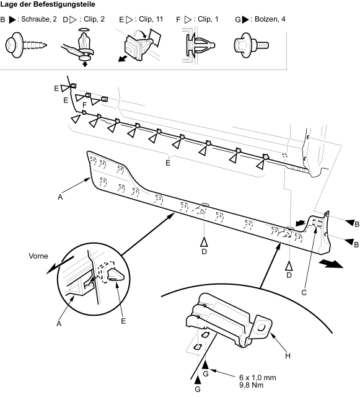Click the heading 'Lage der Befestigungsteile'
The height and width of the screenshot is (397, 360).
[x=48, y=4]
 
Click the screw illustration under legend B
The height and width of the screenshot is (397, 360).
[x=26, y=45]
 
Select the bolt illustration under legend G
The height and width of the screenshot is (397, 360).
[x=251, y=45]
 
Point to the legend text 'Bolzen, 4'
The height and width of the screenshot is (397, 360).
[x=270, y=19]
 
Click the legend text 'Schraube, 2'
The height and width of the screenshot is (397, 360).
[x=39, y=19]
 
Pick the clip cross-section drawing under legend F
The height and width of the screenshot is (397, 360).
[x=199, y=45]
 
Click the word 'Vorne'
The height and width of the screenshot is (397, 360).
[x=38, y=256]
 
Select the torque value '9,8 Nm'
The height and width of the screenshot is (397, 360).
[x=251, y=385]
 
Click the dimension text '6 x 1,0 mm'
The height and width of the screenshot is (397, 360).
[x=258, y=378]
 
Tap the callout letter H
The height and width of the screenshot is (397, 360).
[x=288, y=355]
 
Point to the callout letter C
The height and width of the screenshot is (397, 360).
[x=304, y=292]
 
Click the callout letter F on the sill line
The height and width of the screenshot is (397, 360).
[x=85, y=105]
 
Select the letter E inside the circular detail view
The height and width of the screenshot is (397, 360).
[x=123, y=321]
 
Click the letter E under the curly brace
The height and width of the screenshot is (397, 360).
[x=168, y=163]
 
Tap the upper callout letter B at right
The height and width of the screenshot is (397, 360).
[x=357, y=225]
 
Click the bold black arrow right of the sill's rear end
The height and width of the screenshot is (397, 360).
[x=331, y=264]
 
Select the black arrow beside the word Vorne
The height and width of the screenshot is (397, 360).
[x=59, y=265]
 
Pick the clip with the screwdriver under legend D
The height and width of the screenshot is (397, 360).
[x=79, y=48]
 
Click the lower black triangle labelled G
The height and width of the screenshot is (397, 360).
[x=198, y=380]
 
